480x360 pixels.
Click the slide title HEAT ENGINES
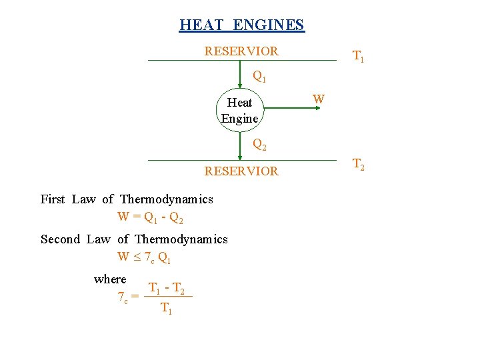[x=241, y=25]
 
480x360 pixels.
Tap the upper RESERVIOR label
[x=241, y=51]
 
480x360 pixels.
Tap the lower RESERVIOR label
[x=241, y=171]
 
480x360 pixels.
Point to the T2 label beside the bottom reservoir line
[x=358, y=165]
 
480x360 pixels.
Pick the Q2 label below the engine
[x=259, y=144]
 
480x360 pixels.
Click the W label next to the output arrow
[x=319, y=100]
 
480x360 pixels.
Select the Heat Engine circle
[x=240, y=110]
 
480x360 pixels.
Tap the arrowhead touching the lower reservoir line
[x=240, y=157]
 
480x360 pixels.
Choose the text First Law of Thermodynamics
[x=127, y=199]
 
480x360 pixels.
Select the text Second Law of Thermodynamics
[x=134, y=239]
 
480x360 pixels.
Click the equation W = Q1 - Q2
[x=150, y=217]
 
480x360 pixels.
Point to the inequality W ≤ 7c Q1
[x=144, y=257]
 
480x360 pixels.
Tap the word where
[x=110, y=279]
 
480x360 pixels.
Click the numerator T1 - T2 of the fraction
[x=167, y=289]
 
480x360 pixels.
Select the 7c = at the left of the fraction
[x=127, y=298]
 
